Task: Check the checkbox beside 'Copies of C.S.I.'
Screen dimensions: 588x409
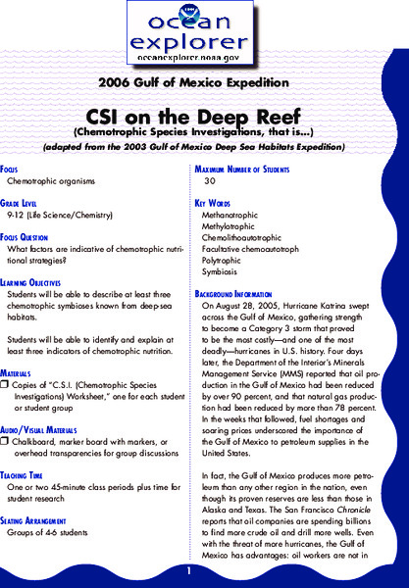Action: pyautogui.click(x=5, y=360)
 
